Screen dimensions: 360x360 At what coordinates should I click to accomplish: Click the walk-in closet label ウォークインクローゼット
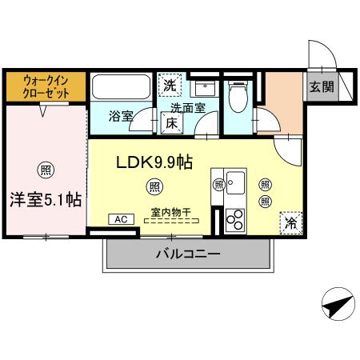[x=46, y=87]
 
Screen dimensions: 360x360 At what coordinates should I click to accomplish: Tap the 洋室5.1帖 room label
[x=46, y=200]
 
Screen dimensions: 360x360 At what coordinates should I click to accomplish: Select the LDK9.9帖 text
[x=154, y=162]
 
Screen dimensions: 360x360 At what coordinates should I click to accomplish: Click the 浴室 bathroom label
[x=121, y=116]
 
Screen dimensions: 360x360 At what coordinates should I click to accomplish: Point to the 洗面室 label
[x=188, y=108]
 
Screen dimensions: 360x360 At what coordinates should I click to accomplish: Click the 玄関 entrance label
[x=322, y=86]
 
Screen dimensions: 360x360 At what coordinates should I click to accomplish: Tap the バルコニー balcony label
[x=188, y=254]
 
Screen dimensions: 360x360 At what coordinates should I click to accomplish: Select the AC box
[x=121, y=219]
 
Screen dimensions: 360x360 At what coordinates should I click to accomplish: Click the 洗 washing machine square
[x=170, y=85]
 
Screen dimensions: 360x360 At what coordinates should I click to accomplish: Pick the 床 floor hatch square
[x=172, y=122]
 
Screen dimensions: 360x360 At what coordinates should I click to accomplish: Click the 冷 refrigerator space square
[x=291, y=223]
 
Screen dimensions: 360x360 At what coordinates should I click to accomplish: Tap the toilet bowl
[x=238, y=97]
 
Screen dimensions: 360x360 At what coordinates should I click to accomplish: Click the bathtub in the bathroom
[x=121, y=87]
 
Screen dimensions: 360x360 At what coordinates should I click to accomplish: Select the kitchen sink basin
[x=235, y=182]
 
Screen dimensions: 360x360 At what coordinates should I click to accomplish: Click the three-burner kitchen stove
[x=235, y=220]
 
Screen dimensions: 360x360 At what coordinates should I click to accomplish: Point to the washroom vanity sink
[x=205, y=88]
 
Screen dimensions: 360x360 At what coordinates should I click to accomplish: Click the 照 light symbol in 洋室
[x=46, y=170]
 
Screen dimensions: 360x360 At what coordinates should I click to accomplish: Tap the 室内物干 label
[x=171, y=212]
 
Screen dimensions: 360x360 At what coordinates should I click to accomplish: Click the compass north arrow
[x=338, y=304]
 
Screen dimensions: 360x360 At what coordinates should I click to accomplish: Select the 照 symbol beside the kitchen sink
[x=218, y=185]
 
